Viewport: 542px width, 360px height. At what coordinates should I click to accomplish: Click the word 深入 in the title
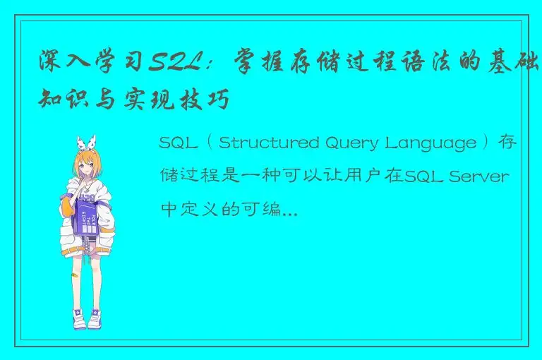pyautogui.click(x=61, y=64)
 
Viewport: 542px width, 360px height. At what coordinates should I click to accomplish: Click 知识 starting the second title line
pyautogui.click(x=61, y=101)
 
